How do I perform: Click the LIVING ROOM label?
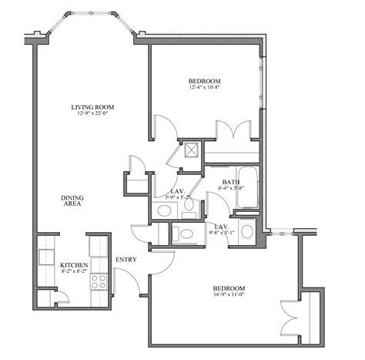87,107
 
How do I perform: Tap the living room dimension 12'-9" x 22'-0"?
87,115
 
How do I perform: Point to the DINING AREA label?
72,202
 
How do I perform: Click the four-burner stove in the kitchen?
99,280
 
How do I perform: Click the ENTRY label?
126,260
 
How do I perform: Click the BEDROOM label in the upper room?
206,81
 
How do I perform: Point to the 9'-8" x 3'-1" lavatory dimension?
220,232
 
